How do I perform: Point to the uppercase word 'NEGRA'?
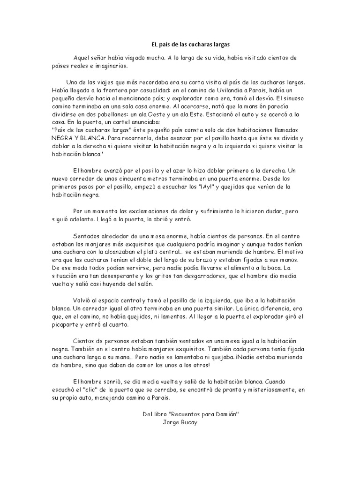[x=62, y=139]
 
